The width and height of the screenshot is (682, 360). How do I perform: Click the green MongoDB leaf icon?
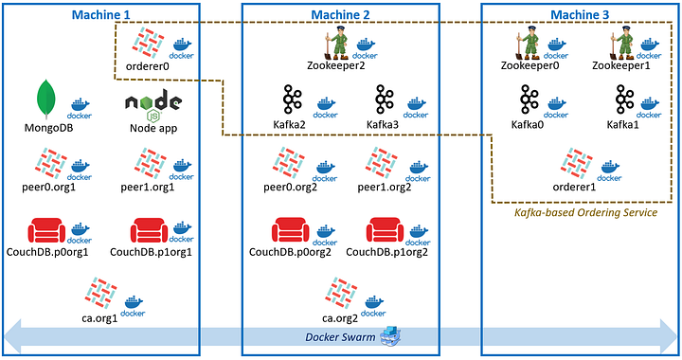pyautogui.click(x=45, y=99)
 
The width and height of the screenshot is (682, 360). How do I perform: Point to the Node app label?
pyautogui.click(x=153, y=129)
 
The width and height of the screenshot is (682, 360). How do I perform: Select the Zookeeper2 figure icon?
pyautogui.click(x=336, y=44)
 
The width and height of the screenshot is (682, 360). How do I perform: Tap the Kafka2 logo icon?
pyautogui.click(x=292, y=100)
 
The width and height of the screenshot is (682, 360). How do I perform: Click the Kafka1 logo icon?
pyautogui.click(x=623, y=100)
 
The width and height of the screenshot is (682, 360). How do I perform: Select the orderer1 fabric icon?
pyautogui.click(x=580, y=163)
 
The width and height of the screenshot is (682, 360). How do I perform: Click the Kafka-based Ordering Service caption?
pyautogui.click(x=584, y=214)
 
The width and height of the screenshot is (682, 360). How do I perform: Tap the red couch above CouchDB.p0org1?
pyautogui.click(x=46, y=231)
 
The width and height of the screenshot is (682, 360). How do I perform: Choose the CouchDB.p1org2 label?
pyautogui.click(x=388, y=252)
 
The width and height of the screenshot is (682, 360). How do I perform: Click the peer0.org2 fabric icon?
pyautogui.click(x=290, y=164)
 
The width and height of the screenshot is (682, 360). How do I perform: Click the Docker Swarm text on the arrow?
pyautogui.click(x=339, y=338)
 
